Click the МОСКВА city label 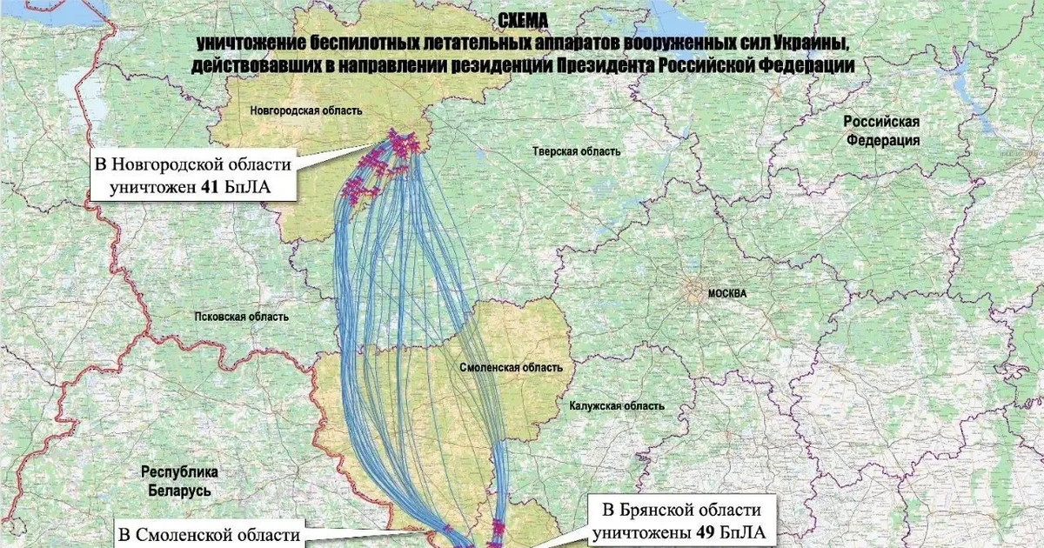tap(727, 294)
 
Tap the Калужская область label tap(618, 406)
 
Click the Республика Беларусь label tap(180, 482)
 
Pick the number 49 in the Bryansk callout tap(706, 532)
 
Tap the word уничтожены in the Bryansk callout tap(641, 532)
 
